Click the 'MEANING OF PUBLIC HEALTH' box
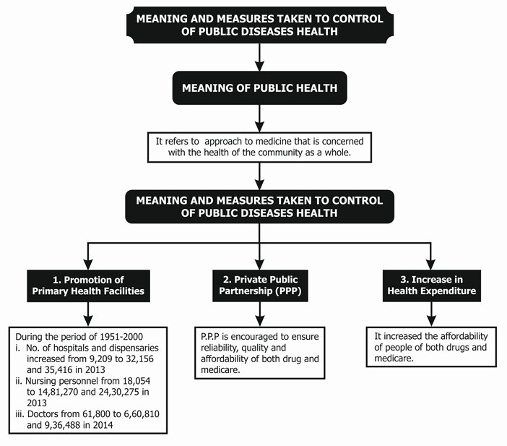tap(260, 87)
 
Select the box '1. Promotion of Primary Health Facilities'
tap(88, 286)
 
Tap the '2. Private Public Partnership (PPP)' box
tap(260, 286)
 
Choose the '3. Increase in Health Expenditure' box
tap(432, 286)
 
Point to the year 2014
tap(103, 425)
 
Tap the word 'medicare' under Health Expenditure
tap(394, 359)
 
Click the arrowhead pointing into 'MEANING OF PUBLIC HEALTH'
tap(260, 65)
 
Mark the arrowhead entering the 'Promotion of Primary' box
tap(88, 264)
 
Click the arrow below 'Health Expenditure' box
tap(431, 314)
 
